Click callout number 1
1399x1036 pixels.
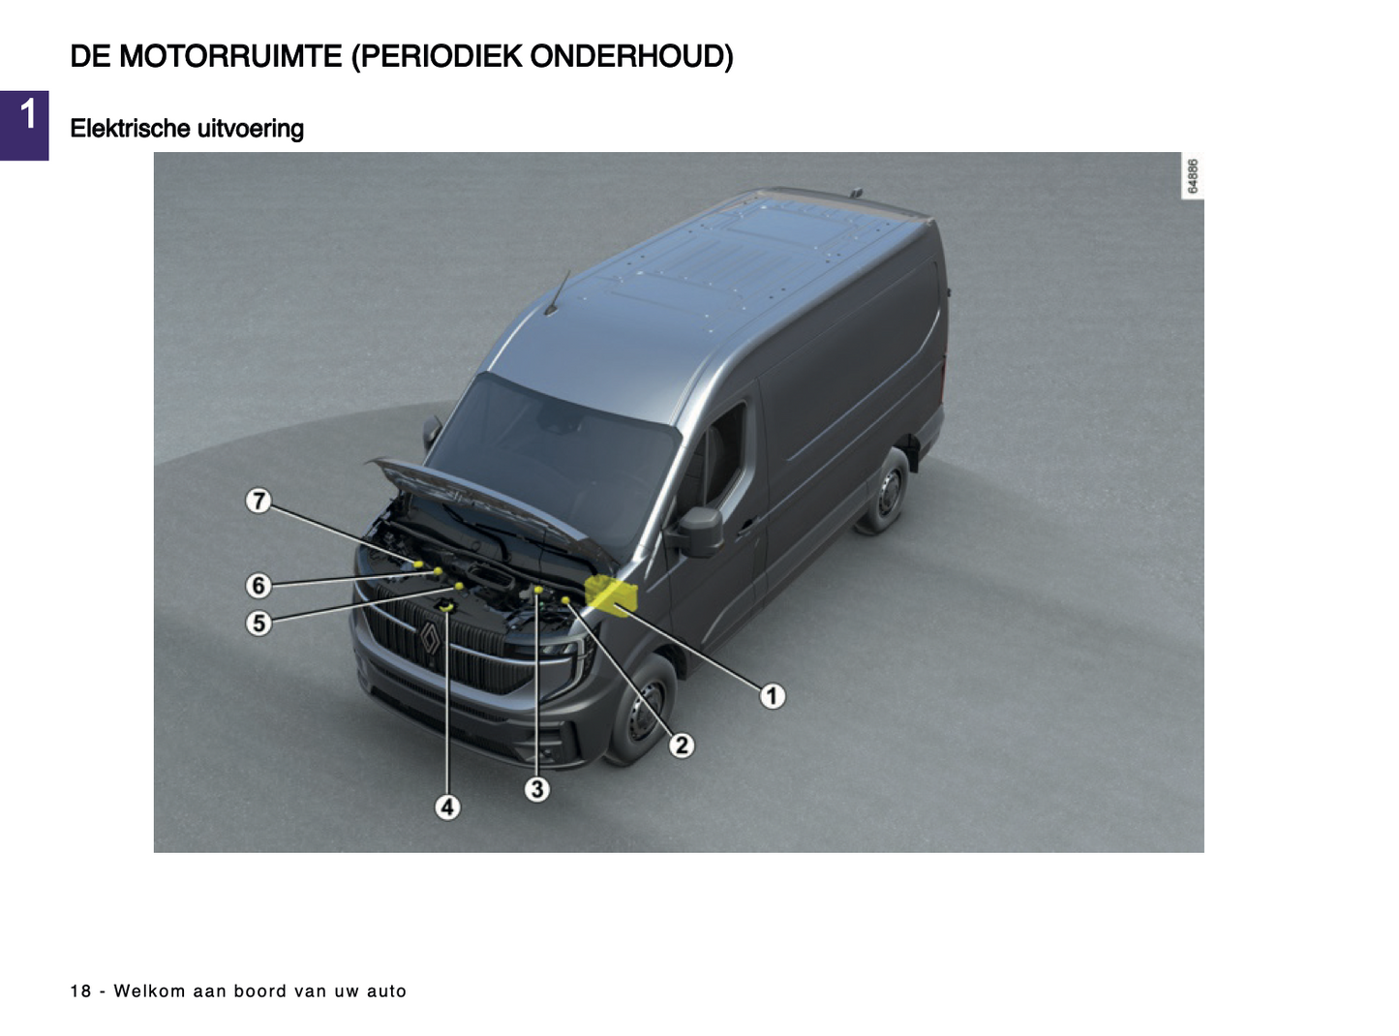click(772, 696)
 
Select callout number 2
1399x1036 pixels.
click(682, 746)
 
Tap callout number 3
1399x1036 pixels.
click(536, 789)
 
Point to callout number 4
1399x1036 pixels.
click(447, 807)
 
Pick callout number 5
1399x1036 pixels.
click(259, 623)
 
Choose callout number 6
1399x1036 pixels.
click(259, 585)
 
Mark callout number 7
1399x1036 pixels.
click(259, 501)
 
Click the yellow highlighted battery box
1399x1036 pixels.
click(611, 594)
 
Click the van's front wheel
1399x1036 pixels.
click(644, 708)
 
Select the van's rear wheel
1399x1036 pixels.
click(885, 492)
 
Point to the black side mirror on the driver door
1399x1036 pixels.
click(699, 532)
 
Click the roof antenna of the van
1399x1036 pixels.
click(557, 292)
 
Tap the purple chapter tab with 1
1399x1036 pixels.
click(24, 126)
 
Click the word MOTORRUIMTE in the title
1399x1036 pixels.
click(230, 57)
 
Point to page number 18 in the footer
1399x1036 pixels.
click(80, 990)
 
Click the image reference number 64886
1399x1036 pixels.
click(1192, 176)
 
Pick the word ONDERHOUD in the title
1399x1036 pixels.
click(631, 57)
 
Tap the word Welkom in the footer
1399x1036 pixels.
click(149, 990)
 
